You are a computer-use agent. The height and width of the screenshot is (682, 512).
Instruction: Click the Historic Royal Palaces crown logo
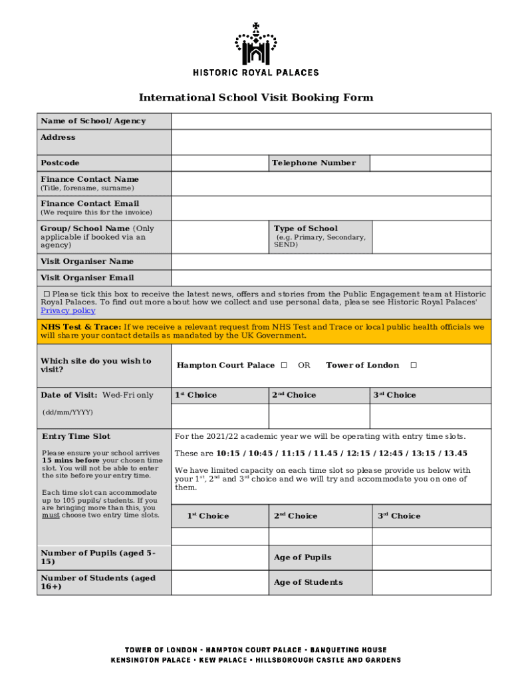255,45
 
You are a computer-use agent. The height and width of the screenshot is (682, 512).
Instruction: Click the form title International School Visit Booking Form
255,98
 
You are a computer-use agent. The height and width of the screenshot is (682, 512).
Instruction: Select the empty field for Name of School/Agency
330,121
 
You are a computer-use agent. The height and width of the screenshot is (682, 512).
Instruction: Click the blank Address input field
330,142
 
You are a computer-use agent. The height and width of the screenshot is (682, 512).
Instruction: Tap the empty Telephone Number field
430,163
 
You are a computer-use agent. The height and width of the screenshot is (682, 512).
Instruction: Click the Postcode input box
219,163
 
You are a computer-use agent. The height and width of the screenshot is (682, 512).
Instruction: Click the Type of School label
305,228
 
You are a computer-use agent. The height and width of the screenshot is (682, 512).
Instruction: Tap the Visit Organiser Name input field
330,262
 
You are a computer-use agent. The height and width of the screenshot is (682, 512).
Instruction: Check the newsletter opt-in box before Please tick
47,294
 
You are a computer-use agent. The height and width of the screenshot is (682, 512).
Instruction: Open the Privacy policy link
68,311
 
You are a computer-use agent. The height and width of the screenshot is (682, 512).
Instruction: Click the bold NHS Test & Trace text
80,327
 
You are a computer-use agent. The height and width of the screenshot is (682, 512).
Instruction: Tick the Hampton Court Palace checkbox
284,365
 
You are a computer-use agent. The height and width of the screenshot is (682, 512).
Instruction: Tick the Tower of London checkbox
414,365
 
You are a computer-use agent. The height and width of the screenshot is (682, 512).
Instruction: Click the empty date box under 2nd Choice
319,416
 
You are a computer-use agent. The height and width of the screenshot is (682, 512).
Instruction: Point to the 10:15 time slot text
227,454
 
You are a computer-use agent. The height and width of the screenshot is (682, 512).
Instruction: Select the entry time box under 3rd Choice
430,536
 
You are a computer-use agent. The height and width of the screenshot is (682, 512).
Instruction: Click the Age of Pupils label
302,557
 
